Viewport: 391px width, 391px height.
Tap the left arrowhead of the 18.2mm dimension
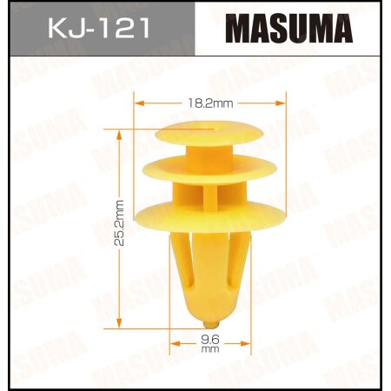point(136,103)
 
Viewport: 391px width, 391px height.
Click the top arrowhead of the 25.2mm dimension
point(118,133)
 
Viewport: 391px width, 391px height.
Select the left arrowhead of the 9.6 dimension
point(173,341)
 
